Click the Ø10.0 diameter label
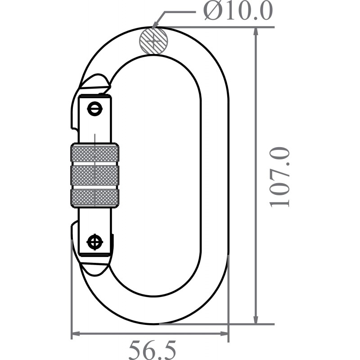(x=238, y=11)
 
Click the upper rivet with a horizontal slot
(x=94, y=108)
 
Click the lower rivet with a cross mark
(x=94, y=242)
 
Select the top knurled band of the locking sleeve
(x=94, y=153)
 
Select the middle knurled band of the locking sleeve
(x=94, y=175)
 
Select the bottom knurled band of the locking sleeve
(x=94, y=198)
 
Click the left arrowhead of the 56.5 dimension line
(x=76, y=334)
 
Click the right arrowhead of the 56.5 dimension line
(x=225, y=334)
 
